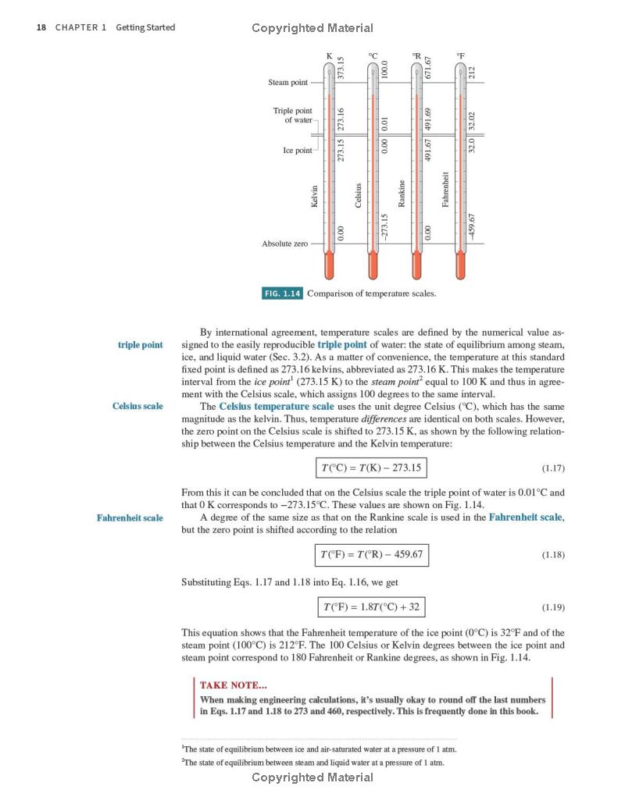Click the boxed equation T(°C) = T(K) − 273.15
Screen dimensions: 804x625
(x=372, y=468)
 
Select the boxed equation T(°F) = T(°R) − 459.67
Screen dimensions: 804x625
(x=372, y=555)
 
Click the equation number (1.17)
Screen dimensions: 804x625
(x=552, y=468)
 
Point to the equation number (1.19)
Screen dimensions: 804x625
(x=552, y=607)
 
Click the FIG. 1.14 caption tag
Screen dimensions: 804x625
(x=282, y=293)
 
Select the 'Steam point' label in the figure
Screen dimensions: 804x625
(x=288, y=82)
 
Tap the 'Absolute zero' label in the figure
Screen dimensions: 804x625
(x=284, y=244)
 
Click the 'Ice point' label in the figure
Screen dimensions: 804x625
(x=297, y=150)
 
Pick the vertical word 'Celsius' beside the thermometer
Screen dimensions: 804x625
(x=359, y=195)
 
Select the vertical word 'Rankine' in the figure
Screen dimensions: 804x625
(x=402, y=194)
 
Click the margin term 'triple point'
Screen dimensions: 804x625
(x=141, y=344)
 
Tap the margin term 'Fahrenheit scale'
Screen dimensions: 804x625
(x=130, y=518)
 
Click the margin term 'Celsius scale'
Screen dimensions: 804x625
(x=137, y=406)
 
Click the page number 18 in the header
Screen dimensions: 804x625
(x=41, y=27)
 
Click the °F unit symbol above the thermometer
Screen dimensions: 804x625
(x=461, y=55)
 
